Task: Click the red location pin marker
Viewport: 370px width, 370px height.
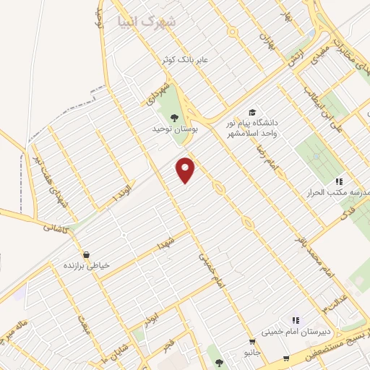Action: [187, 170]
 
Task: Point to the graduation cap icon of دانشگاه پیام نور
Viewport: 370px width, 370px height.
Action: [252, 112]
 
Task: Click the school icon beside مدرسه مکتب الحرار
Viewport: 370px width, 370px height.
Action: [338, 181]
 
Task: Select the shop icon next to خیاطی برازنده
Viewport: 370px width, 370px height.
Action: [87, 254]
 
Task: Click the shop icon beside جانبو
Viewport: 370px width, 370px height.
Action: [252, 342]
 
